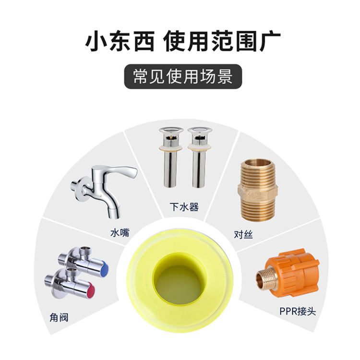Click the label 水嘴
(120, 233)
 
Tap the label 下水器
(184, 206)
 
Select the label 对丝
(243, 234)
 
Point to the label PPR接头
(298, 312)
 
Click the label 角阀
(59, 318)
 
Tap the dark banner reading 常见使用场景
(183, 76)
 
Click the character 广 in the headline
(270, 41)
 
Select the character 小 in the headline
(96, 41)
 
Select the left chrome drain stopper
(171, 157)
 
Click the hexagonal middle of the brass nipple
(258, 192)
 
